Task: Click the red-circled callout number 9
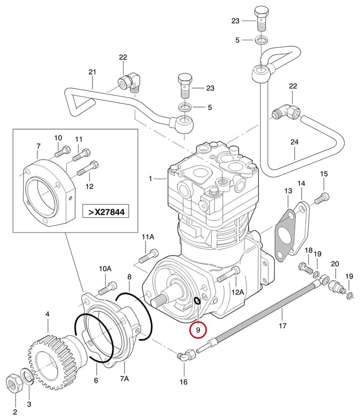pos(198,330)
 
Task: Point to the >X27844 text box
pos(106,212)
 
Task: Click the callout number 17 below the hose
pos(283,325)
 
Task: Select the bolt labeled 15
pos(322,198)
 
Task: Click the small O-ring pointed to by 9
pos(197,301)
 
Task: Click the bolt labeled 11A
pos(149,256)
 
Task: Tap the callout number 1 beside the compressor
pos(150,178)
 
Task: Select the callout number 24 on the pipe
pos(294,142)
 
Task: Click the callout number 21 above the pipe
pos(92,72)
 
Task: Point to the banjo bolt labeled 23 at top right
pos(261,19)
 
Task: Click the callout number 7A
pos(125,379)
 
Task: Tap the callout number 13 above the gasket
pos(288,191)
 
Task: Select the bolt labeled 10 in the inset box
pos(63,151)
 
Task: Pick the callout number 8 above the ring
pos(129,277)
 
